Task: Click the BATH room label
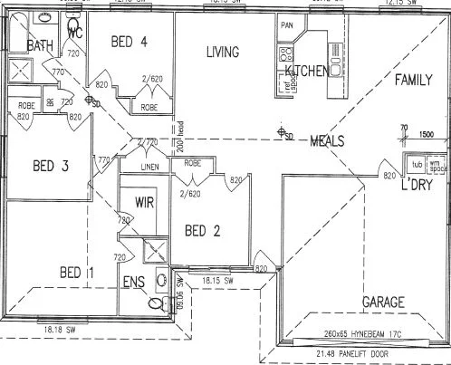pyautogui.click(x=39, y=45)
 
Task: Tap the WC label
pyautogui.click(x=76, y=34)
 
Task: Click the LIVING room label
pyautogui.click(x=222, y=52)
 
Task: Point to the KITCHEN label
pyautogui.click(x=306, y=71)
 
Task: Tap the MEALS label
pyautogui.click(x=327, y=140)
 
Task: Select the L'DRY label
pyautogui.click(x=420, y=186)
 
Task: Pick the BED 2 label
pyautogui.click(x=202, y=230)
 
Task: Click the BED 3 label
pyautogui.click(x=52, y=165)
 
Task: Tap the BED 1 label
pyautogui.click(x=76, y=272)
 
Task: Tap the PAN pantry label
pyautogui.click(x=288, y=24)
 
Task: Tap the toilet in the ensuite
pyautogui.click(x=158, y=303)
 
